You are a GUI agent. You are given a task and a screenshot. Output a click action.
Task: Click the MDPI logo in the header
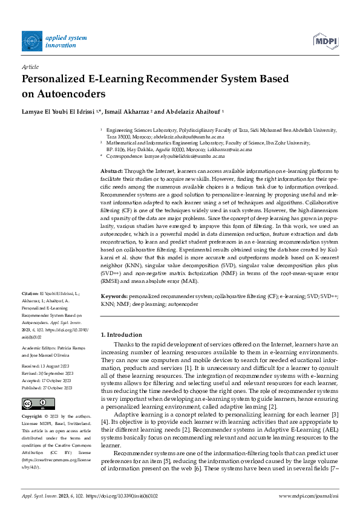pos(325,41)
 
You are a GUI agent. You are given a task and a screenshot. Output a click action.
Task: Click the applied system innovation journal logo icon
pos(31,41)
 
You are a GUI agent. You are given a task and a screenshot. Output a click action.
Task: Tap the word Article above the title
pos(30,68)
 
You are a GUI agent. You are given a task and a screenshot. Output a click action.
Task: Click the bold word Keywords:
pos(114,297)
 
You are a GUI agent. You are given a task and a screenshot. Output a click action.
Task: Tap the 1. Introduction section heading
pos(121,335)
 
